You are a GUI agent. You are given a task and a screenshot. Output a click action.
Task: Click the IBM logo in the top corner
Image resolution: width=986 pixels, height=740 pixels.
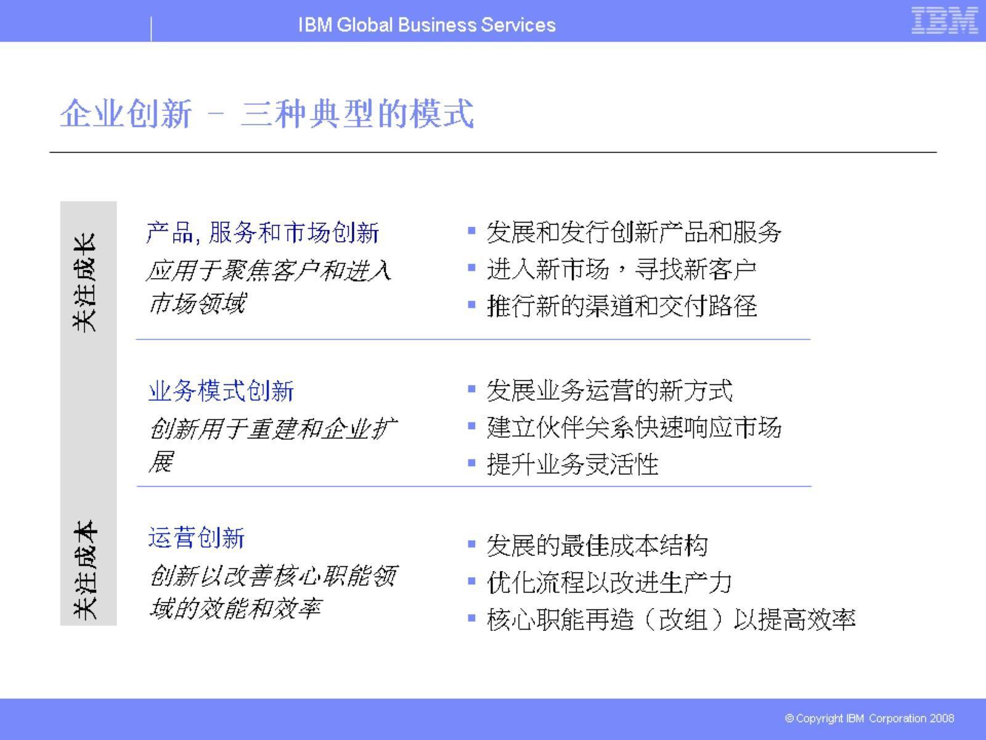tap(944, 20)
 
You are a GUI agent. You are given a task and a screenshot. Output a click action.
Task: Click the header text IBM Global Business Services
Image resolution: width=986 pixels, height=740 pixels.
tap(426, 25)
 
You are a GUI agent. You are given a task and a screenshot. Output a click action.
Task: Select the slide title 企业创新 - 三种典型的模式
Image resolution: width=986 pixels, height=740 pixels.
tap(267, 113)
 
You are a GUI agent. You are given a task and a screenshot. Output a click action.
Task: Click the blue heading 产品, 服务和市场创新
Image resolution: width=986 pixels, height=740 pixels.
tap(263, 232)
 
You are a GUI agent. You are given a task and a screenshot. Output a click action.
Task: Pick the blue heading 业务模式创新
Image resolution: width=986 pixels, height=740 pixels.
tap(221, 391)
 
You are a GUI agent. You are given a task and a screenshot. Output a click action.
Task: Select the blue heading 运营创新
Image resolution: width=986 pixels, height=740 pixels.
tap(197, 538)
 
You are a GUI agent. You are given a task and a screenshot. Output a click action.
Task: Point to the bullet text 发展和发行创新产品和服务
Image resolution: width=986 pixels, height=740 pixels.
tap(634, 232)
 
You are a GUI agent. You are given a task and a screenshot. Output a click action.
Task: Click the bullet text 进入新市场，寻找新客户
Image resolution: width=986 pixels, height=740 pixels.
tap(621, 269)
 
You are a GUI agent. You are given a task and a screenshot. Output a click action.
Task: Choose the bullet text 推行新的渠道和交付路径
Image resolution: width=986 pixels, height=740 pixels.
tap(621, 306)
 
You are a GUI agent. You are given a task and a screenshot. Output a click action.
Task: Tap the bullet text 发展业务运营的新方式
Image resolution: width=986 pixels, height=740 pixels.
tap(609, 390)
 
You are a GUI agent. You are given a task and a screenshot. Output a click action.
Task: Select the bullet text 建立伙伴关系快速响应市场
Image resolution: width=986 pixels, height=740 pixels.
tap(634, 427)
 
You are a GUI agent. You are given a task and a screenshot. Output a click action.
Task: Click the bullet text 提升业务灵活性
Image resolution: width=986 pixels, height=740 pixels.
tap(572, 464)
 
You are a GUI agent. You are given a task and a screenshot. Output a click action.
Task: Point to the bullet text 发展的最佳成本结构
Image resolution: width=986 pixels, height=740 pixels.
tap(597, 546)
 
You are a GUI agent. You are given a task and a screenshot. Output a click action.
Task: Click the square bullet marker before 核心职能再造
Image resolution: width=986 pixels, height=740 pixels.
tap(472, 618)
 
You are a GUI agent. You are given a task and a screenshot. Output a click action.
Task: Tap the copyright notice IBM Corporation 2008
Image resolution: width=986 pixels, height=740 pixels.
tap(870, 718)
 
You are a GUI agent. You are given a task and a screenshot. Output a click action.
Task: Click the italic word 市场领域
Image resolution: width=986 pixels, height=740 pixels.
tap(197, 303)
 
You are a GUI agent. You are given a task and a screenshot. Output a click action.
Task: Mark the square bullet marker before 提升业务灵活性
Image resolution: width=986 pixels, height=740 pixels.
tap(472, 462)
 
